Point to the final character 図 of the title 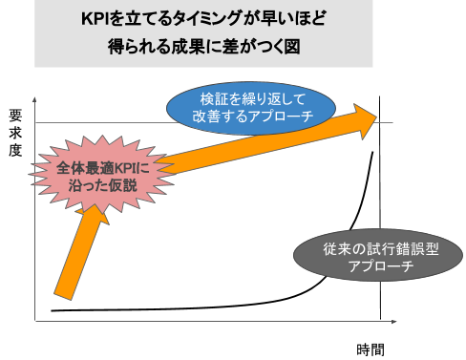[x=293, y=47]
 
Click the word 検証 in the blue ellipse [x=214, y=98]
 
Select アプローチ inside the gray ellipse [x=381, y=266]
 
